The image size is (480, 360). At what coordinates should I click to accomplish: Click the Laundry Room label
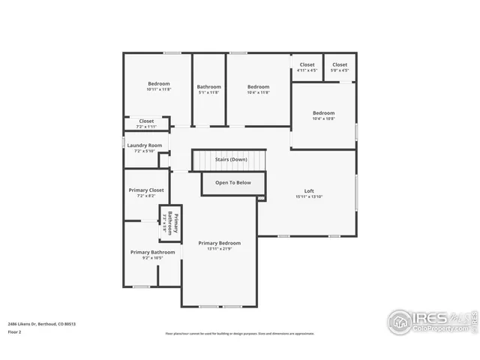pyautogui.click(x=144, y=145)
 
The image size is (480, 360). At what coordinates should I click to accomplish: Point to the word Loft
pyautogui.click(x=308, y=190)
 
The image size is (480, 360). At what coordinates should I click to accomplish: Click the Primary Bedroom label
pyautogui.click(x=219, y=243)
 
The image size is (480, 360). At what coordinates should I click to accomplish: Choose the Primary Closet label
pyautogui.click(x=146, y=190)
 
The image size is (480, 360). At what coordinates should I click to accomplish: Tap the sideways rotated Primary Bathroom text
pyautogui.click(x=170, y=224)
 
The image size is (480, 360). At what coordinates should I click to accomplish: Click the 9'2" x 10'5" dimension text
pyautogui.click(x=152, y=259)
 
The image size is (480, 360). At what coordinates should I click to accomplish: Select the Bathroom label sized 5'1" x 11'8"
pyautogui.click(x=209, y=86)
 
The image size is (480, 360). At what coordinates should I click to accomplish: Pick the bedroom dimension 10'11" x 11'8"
pyautogui.click(x=158, y=89)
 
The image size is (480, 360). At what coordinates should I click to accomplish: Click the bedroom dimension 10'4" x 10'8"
pyautogui.click(x=323, y=118)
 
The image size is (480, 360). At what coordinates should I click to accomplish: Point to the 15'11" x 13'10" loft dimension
pyautogui.click(x=308, y=196)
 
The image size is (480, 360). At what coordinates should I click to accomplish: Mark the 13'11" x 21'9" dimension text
pyautogui.click(x=219, y=250)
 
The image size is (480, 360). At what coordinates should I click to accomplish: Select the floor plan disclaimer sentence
pyautogui.click(x=239, y=334)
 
